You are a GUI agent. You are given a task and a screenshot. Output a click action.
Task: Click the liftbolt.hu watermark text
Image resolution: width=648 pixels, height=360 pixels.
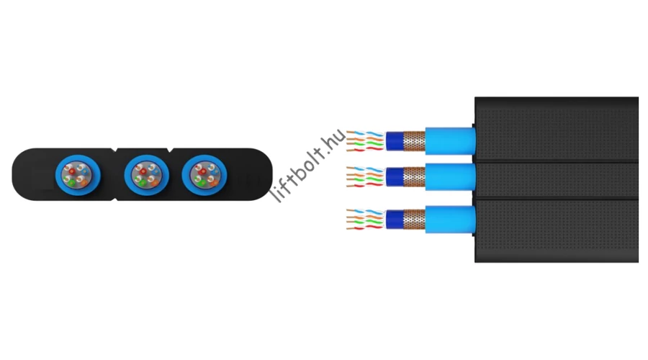308,166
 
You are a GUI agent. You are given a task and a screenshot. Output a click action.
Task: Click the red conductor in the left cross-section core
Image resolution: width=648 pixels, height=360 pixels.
72,171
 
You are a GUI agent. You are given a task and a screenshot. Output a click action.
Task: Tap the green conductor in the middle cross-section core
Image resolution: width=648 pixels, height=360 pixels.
141,181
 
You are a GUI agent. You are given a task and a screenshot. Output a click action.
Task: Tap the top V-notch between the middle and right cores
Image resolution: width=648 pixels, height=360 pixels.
170,150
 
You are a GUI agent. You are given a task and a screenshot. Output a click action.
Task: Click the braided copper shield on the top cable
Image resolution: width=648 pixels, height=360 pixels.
414,141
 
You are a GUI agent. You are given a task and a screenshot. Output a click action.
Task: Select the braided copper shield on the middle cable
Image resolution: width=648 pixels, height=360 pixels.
414,177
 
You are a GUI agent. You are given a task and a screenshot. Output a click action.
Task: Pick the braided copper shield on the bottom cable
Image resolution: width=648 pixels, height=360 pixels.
414,220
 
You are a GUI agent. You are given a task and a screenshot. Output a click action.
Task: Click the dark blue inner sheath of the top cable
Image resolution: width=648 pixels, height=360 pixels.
395,141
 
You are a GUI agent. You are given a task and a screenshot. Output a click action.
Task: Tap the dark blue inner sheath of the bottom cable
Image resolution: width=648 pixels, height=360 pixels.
395,220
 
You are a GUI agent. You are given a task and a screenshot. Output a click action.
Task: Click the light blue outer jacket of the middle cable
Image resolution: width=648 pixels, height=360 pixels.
451,177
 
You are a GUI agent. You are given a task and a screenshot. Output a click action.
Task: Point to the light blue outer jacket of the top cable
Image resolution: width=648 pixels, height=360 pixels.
451,141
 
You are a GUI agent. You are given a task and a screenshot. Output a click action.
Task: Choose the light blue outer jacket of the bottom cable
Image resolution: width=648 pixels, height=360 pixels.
451,220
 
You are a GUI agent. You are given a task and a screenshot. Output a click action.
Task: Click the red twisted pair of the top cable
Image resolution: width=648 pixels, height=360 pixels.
365,149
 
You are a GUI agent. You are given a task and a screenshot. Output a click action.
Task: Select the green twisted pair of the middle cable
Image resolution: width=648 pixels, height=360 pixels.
365,180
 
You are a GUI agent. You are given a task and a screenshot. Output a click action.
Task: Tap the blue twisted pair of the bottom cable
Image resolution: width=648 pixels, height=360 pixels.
365,212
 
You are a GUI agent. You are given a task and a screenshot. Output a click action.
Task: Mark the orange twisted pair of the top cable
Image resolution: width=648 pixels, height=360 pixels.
365,139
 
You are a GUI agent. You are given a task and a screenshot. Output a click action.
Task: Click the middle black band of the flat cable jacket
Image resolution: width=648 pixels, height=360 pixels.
557,181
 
